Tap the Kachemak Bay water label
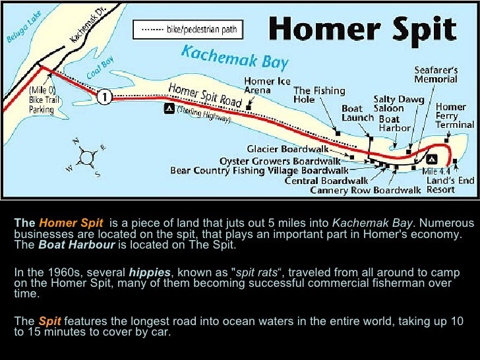[235, 57]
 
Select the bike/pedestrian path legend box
[188, 30]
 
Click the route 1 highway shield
[104, 96]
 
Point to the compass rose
[86, 157]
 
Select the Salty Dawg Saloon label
[389, 104]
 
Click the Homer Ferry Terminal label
[454, 115]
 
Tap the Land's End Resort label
[450, 185]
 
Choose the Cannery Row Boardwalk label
[365, 191]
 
